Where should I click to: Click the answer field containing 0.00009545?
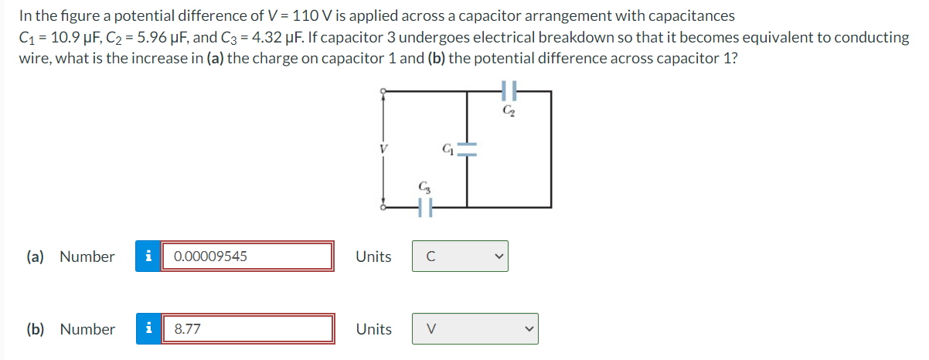coord(247,256)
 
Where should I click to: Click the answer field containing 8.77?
coord(247,329)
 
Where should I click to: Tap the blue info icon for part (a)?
coord(148,256)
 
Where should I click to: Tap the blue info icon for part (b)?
coord(148,329)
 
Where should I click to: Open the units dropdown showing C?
coord(460,256)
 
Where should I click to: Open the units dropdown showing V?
coord(475,329)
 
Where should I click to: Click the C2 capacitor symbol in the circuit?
coord(508,91)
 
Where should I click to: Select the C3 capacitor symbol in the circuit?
coord(424,207)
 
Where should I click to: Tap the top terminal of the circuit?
coord(381,91)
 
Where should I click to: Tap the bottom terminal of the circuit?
coord(381,207)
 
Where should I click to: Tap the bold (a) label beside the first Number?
coord(36,257)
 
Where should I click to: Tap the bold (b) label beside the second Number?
coord(36,330)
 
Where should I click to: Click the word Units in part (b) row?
coord(373,330)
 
